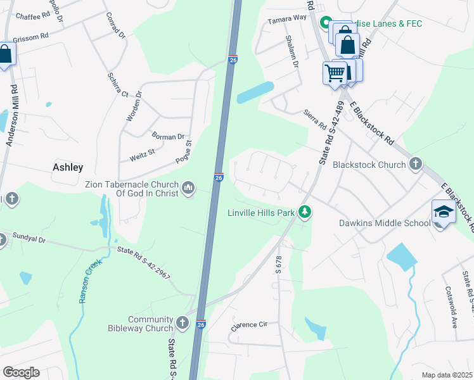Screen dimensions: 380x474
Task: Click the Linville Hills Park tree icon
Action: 305,212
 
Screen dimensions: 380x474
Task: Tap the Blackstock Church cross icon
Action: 416,165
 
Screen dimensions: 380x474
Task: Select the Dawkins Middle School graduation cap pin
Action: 444,212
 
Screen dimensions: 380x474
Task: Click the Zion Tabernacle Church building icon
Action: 188,188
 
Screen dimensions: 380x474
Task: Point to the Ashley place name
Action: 68,167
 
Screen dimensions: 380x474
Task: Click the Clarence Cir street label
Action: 250,324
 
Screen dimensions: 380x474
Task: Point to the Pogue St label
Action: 184,152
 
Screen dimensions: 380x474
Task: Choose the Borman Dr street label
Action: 168,136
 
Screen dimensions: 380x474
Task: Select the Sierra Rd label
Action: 314,118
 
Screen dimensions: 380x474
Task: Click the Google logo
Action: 21,372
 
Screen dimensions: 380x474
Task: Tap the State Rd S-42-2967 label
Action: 144,265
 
